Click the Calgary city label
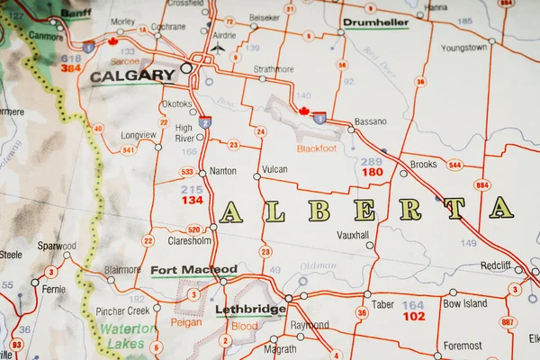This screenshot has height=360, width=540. point(132,76)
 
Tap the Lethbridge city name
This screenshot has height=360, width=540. point(250,310)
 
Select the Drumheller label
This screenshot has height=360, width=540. point(375,22)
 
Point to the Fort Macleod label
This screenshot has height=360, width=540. point(193,269)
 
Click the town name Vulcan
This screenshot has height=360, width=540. point(274,169)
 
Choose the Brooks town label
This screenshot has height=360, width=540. point(423,165)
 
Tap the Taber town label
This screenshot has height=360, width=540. point(382,304)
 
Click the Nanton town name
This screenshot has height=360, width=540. point(222,171)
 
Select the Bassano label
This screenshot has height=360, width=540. point(370,121)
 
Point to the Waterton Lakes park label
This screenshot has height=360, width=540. point(127,336)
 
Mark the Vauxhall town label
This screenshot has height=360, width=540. point(353,234)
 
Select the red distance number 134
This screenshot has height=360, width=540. point(192,200)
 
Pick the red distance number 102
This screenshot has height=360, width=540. point(413,317)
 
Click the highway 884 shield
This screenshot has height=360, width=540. point(482,184)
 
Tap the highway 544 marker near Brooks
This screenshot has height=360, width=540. point(454,165)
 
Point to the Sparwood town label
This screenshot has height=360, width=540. point(56,245)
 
